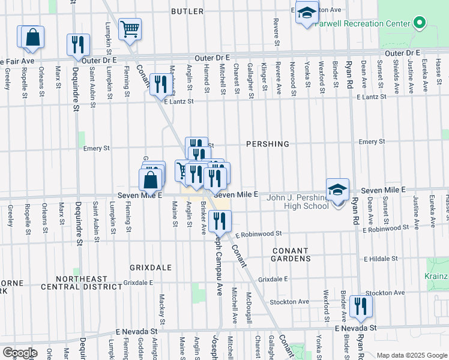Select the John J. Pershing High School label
point(298,201)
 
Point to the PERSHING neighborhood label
point(268,145)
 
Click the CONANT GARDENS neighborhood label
point(291,254)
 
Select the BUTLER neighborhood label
point(188,11)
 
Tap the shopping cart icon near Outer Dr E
point(130,28)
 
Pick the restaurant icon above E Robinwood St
point(220,221)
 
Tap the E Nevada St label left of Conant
point(137,331)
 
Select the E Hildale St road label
point(382,259)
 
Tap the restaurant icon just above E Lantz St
point(160,84)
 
